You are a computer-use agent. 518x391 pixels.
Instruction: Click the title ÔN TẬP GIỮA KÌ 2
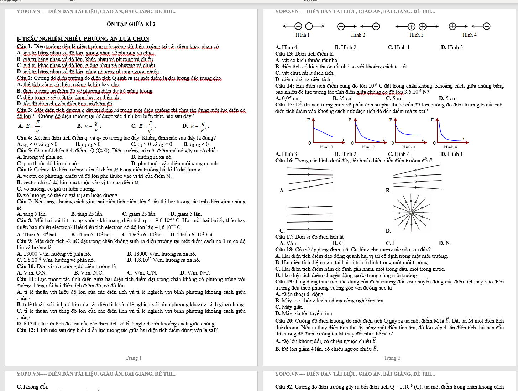click(x=131, y=24)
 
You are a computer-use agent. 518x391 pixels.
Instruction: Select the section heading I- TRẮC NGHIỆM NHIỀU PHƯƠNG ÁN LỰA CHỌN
click(x=83, y=38)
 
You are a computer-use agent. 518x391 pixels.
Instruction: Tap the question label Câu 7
click(x=24, y=202)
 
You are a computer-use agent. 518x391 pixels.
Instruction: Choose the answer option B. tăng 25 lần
click(x=87, y=214)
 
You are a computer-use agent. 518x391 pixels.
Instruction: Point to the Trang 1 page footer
click(x=134, y=358)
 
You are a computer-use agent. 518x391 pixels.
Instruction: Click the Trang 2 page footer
click(x=392, y=358)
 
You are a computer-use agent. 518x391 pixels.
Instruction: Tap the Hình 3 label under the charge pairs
click(x=417, y=35)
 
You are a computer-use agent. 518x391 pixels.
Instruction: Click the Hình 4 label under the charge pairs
click(x=470, y=35)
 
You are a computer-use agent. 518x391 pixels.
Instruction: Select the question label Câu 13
click(x=284, y=54)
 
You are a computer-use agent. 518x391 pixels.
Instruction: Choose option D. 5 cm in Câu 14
click(x=448, y=98)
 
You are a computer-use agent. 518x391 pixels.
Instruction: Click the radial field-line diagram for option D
click(x=411, y=213)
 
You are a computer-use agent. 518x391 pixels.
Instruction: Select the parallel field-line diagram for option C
click(x=309, y=218)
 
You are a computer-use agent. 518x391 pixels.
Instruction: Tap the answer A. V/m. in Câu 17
click(x=288, y=243)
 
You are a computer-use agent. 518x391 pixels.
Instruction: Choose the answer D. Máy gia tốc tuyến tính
click(x=304, y=313)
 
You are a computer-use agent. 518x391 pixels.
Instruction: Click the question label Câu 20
click(x=284, y=321)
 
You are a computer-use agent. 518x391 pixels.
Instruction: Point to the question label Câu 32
click(x=284, y=387)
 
